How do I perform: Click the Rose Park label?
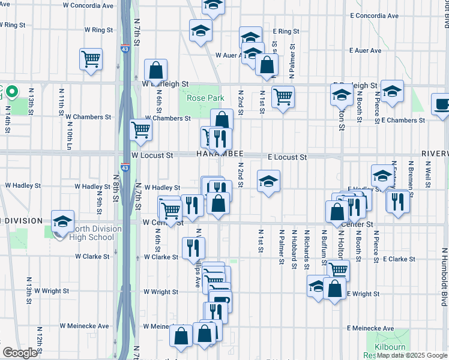click(x=205, y=98)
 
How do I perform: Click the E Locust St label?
click(x=287, y=157)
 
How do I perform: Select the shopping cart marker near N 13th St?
click(x=91, y=59)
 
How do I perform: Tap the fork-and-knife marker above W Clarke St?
click(x=193, y=246)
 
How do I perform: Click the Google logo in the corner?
click(x=19, y=353)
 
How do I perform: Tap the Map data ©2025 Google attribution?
click(x=412, y=355)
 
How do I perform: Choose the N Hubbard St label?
click(x=294, y=245)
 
